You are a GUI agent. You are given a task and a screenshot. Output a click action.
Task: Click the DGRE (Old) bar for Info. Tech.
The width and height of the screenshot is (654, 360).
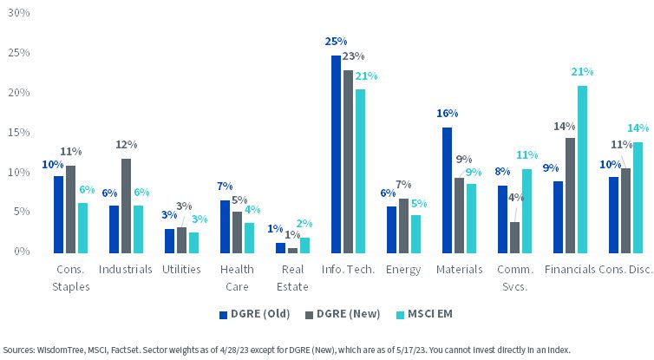[336, 154]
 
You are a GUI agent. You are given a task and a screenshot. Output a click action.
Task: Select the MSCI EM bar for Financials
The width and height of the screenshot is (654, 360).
[582, 170]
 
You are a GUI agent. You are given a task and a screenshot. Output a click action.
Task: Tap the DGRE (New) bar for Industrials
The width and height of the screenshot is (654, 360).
[126, 206]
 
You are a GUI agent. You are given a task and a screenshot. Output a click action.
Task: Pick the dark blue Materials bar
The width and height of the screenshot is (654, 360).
[447, 190]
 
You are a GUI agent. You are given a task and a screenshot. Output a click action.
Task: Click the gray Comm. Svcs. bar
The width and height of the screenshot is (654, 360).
[514, 238]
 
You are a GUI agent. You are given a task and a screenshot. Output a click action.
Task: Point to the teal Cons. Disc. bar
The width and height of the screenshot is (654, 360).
[638, 198]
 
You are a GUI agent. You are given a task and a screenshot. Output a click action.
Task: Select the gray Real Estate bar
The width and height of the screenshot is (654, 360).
[293, 251]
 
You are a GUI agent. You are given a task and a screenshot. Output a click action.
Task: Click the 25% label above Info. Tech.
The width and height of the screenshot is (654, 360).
[336, 42]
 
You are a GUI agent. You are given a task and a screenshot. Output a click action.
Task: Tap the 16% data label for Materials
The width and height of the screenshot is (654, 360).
[447, 114]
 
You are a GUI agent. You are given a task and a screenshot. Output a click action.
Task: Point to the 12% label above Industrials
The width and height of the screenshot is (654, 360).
[127, 144]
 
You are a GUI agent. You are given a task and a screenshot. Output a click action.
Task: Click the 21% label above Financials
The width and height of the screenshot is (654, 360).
[582, 72]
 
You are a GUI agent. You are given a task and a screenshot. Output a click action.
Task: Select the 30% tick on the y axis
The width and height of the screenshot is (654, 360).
[19, 13]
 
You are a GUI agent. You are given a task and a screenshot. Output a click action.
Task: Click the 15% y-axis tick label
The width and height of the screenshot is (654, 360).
[19, 132]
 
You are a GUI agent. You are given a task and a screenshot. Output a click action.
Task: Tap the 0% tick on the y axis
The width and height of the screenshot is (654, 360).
[22, 251]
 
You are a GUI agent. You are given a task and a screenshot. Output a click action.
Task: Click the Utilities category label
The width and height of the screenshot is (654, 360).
[181, 270]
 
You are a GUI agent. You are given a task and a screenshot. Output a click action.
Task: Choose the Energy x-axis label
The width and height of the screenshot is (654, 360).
[403, 270]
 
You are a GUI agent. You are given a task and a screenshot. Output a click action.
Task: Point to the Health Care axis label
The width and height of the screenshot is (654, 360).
[237, 278]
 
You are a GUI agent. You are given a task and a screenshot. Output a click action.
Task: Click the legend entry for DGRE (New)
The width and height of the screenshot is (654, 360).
[343, 314]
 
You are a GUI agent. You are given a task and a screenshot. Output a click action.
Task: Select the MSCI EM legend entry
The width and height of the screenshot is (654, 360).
[424, 314]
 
